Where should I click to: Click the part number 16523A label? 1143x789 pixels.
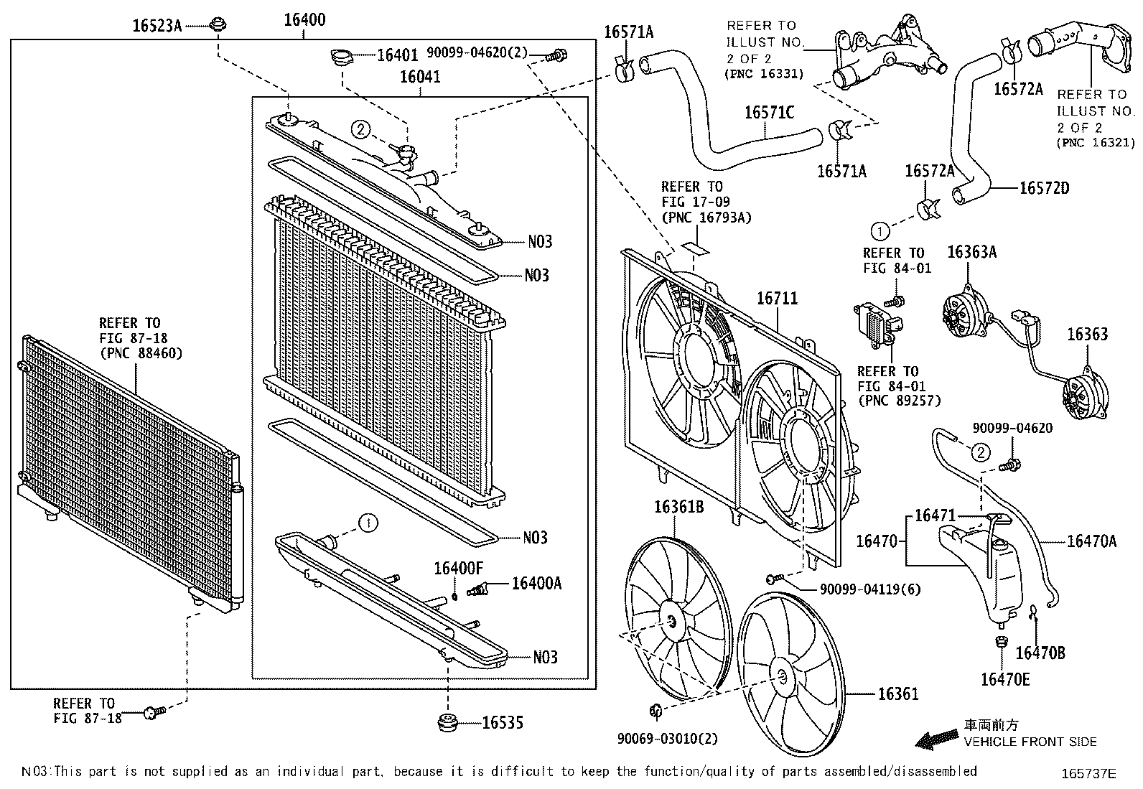coord(157,26)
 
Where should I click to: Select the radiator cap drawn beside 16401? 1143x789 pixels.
coord(341,55)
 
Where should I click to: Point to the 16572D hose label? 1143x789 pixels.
coord(1044,188)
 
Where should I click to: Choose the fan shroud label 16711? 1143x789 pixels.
coord(778,298)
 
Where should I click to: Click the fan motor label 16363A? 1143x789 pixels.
coord(971,252)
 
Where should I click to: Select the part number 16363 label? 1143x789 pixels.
coord(1086,335)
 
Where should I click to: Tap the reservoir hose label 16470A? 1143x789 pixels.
coord(1091,541)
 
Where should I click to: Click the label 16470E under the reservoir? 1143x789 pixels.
coord(1004,678)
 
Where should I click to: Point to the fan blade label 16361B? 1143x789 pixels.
coord(678,508)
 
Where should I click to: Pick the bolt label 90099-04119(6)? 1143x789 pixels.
coord(869,589)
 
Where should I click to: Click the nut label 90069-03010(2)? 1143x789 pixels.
coord(667,738)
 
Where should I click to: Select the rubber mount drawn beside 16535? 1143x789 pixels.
coord(448,722)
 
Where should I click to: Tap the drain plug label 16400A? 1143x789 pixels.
coord(536,583)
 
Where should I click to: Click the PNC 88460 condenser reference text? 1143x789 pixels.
coord(141,353)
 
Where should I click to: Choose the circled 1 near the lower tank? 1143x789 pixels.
coord(368,523)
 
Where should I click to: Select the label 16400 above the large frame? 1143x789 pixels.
coord(304,19)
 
